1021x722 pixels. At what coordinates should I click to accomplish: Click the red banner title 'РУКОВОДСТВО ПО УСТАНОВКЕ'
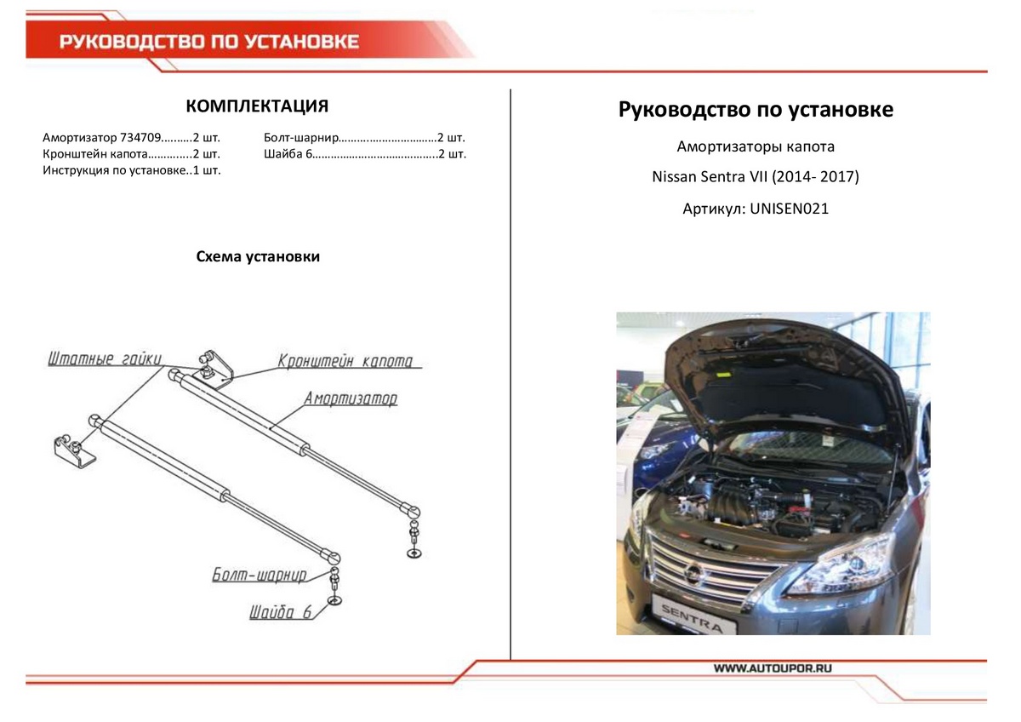pyautogui.click(x=209, y=42)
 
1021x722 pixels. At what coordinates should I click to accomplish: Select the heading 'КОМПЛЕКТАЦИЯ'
pyautogui.click(x=257, y=106)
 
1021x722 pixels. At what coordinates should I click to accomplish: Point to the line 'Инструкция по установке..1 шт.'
pyautogui.click(x=131, y=170)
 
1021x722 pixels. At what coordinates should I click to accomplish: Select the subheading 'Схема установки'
pyautogui.click(x=258, y=256)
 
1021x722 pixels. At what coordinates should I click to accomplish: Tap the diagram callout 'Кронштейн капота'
pyautogui.click(x=345, y=361)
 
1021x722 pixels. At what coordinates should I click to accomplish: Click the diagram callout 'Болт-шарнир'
pyautogui.click(x=259, y=576)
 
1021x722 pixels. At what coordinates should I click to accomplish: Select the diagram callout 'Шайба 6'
pyautogui.click(x=281, y=612)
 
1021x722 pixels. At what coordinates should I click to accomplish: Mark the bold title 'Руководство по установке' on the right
pyautogui.click(x=756, y=110)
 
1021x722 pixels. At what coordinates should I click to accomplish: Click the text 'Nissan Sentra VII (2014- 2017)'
pyautogui.click(x=756, y=177)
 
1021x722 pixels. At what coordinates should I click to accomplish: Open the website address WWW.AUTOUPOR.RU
pyautogui.click(x=773, y=669)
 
